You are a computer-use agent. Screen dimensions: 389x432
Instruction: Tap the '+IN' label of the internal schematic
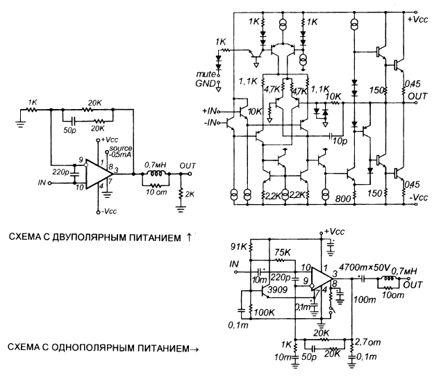tap(210, 110)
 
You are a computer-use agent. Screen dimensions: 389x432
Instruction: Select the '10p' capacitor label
tap(339, 142)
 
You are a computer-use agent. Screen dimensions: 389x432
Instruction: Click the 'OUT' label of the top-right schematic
tap(417, 95)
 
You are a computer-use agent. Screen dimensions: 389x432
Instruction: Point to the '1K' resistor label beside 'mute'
tap(221, 42)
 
